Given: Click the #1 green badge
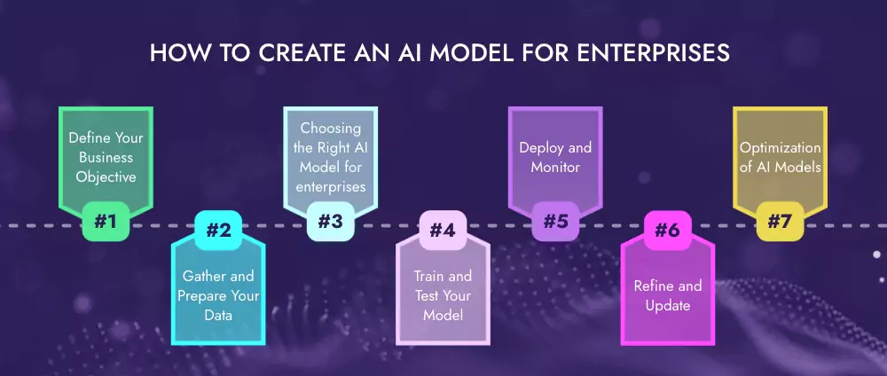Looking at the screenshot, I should tap(106, 222).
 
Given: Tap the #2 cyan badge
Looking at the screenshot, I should tap(218, 231).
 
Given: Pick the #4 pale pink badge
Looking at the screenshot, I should tap(443, 231).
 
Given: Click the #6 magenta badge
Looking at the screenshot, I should tap(667, 231).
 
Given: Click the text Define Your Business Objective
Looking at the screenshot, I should tap(106, 157).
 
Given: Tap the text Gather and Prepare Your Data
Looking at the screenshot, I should tap(218, 295).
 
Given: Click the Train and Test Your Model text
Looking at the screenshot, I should tap(443, 295).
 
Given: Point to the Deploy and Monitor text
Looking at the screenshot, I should tap(555, 157).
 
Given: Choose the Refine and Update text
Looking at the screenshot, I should tap(667, 295).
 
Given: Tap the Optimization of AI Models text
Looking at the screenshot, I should tap(779, 157).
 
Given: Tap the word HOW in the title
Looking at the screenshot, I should tap(174, 52).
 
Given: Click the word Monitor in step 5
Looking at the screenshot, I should tap(555, 167).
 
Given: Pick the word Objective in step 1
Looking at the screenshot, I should tap(106, 176).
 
